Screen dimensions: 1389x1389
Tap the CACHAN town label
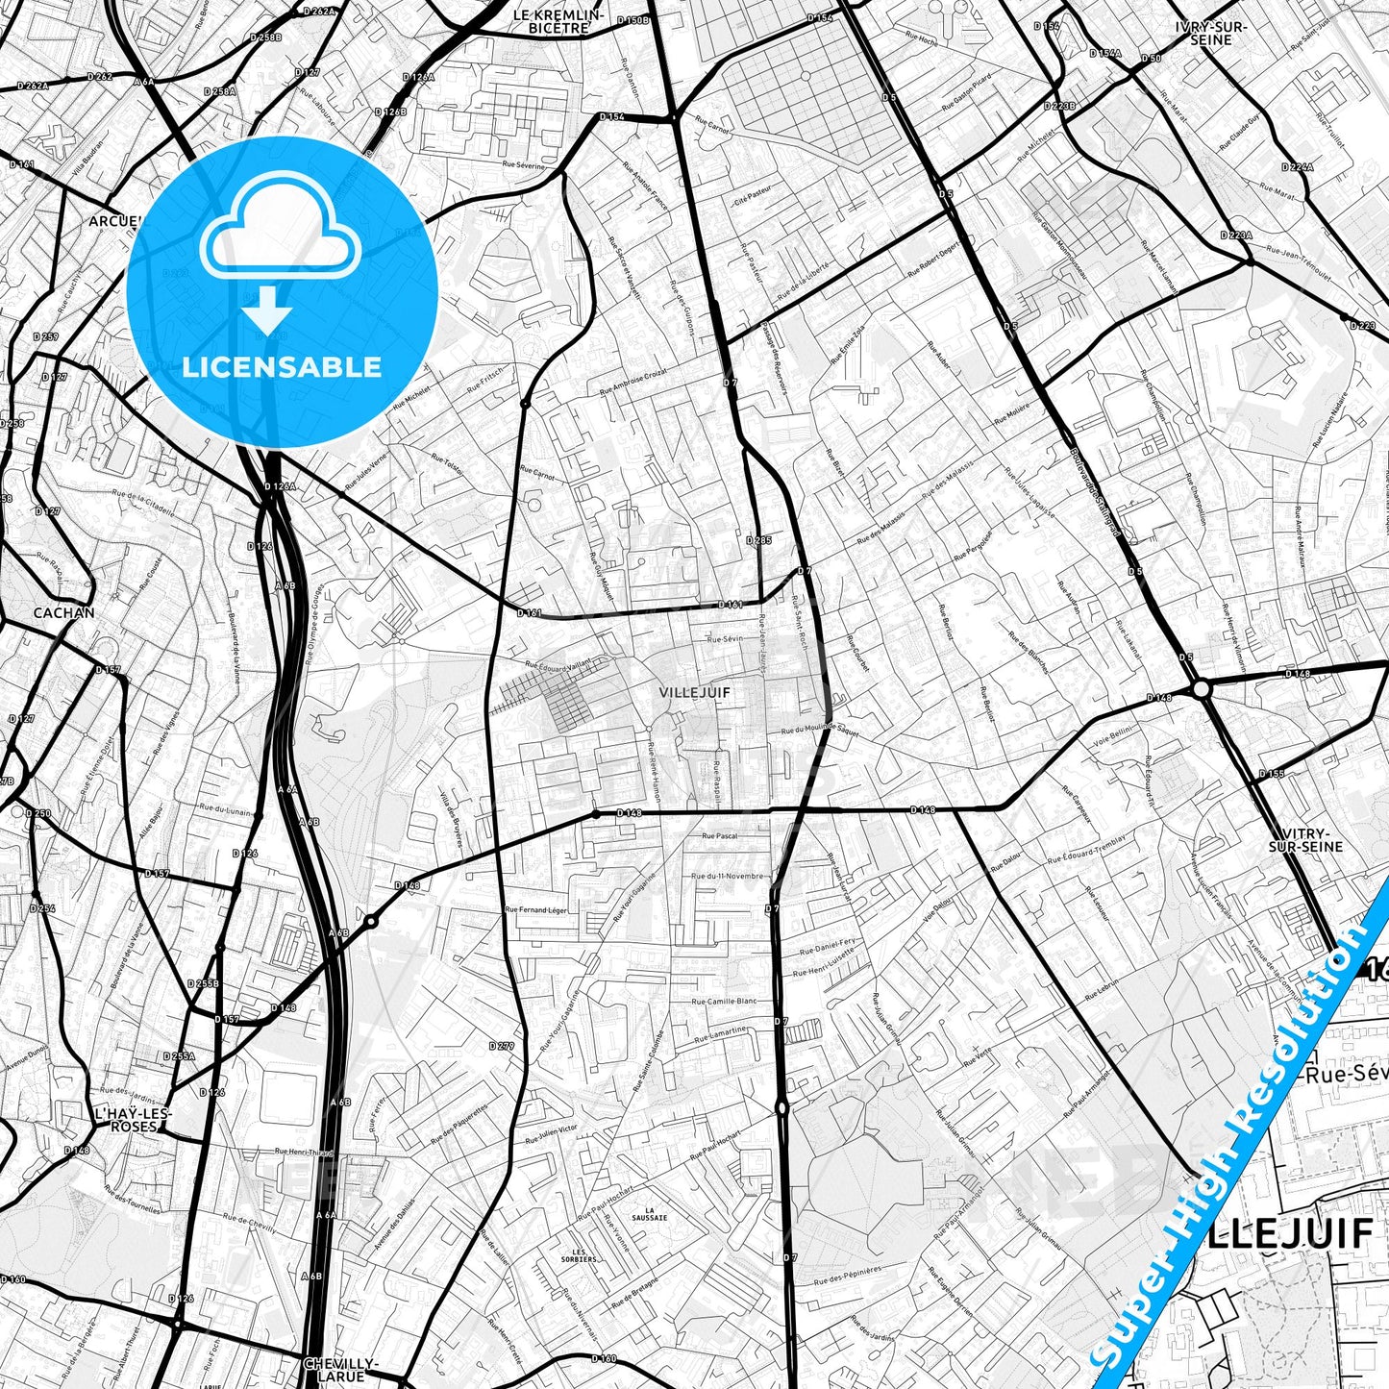pos(63,612)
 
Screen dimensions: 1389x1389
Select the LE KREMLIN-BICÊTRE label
pos(558,22)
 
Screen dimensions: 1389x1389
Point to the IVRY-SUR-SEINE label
pos(1210,34)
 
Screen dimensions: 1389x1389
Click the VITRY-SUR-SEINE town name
pos(1305,839)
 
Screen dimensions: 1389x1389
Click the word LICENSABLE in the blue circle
pos(282,367)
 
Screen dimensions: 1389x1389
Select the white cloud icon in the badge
pos(280,236)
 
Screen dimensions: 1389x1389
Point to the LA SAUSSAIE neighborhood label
pos(657,1214)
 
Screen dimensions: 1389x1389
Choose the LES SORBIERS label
pos(579,1254)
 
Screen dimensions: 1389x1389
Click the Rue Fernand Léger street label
pos(535,909)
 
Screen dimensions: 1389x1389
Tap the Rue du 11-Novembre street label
pos(728,876)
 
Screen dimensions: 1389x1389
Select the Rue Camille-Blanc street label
pos(724,1001)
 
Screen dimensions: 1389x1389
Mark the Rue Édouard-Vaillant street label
pos(568,662)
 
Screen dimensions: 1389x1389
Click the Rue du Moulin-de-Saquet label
pos(819,731)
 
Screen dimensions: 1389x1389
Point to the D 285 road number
pos(758,540)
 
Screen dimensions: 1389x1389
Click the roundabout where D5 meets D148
pos(1201,688)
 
